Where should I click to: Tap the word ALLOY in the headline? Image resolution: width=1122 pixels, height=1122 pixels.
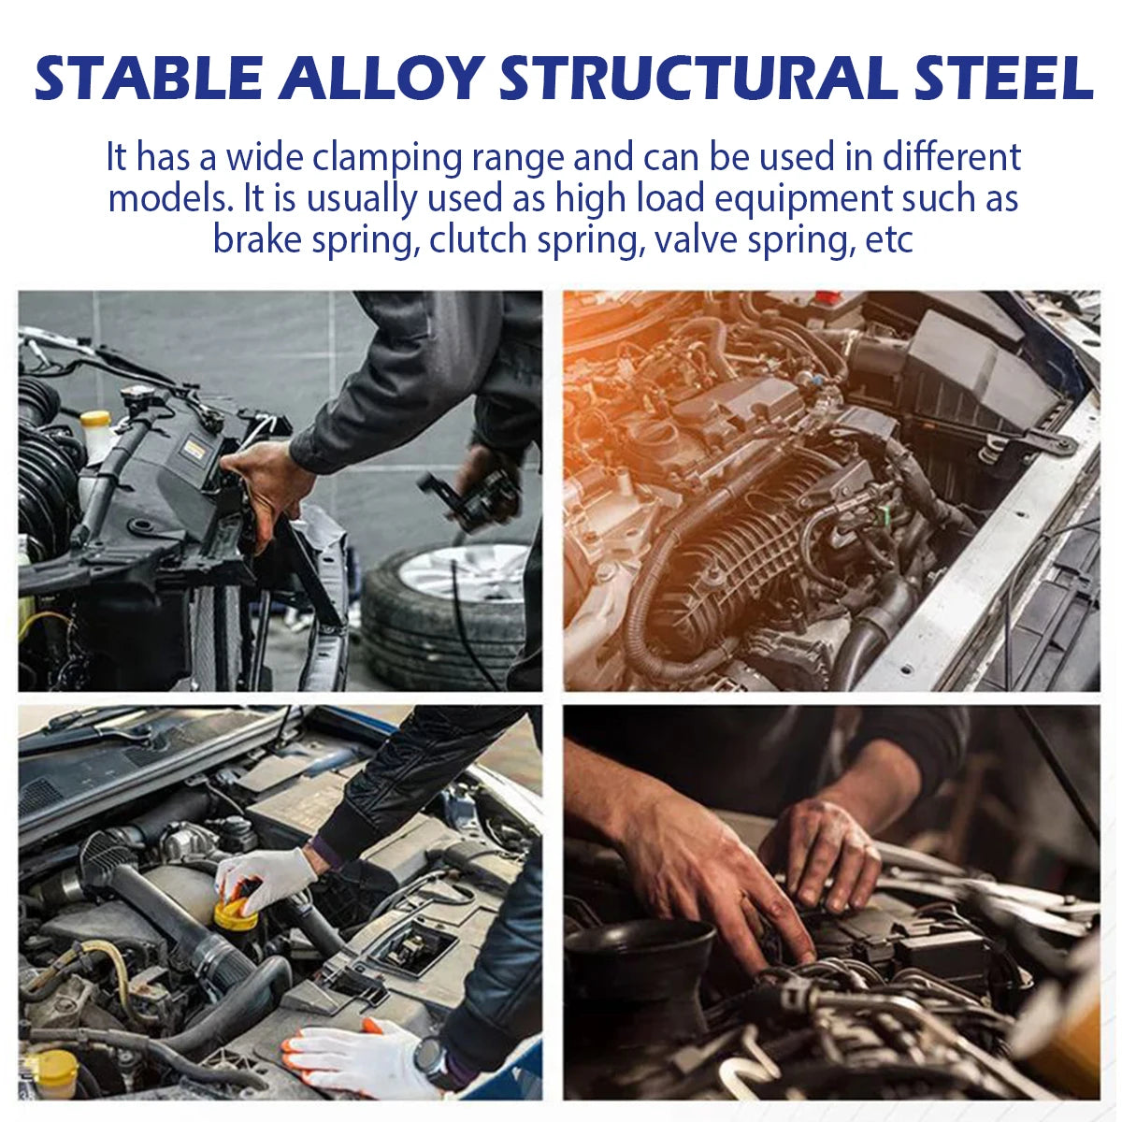click(x=380, y=79)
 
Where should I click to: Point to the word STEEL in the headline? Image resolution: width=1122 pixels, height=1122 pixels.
click(x=1000, y=79)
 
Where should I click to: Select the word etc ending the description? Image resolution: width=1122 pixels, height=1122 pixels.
click(x=887, y=239)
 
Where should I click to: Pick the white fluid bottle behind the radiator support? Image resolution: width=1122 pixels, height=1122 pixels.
click(x=96, y=435)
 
